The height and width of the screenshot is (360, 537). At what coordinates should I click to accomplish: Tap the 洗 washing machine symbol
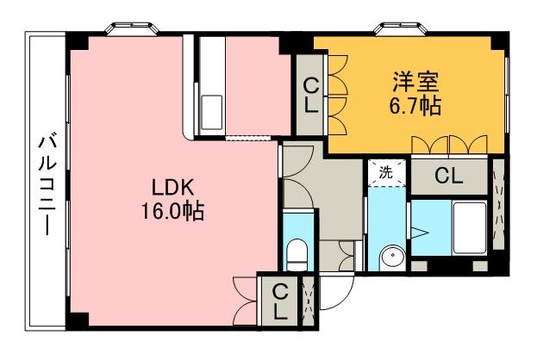click(x=385, y=172)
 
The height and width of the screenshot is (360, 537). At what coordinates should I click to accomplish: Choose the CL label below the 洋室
click(x=448, y=177)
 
